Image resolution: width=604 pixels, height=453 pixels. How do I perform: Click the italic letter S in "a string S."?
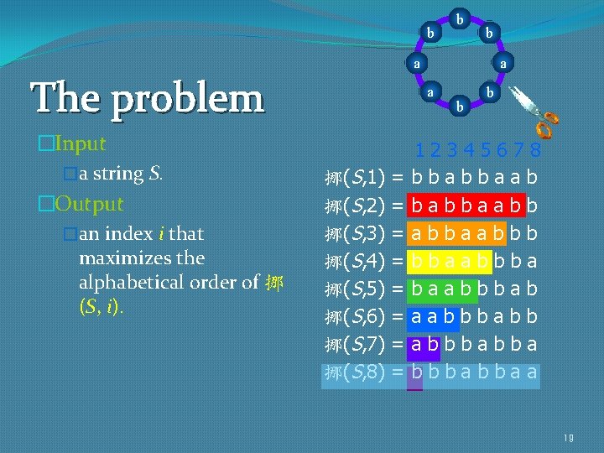click(155, 174)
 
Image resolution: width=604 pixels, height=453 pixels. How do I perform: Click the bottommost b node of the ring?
click(459, 107)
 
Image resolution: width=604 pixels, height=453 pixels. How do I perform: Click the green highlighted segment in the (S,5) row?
click(442, 289)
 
